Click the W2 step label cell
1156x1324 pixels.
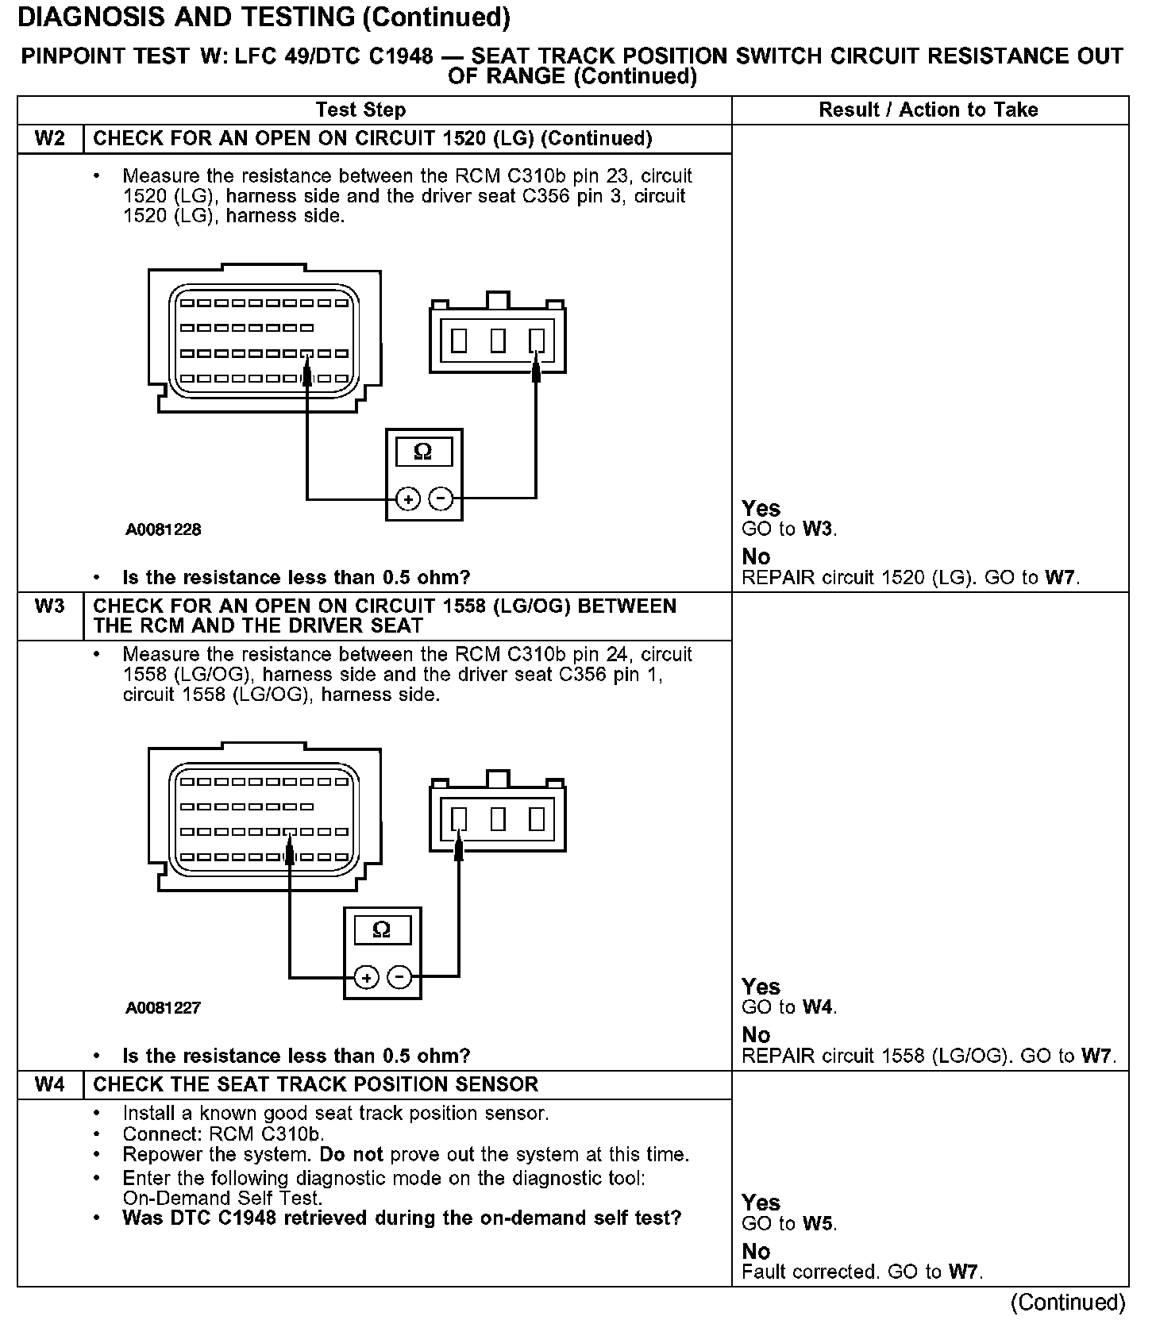click(x=50, y=139)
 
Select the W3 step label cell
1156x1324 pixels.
click(x=50, y=607)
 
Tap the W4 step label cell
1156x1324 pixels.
click(x=50, y=1085)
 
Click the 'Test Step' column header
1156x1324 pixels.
click(x=360, y=110)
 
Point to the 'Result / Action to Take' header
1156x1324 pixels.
click(x=928, y=110)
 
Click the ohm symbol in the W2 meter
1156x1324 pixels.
click(x=423, y=452)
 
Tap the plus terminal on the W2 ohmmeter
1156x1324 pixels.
click(x=408, y=499)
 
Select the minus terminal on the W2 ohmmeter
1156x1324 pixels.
click(x=441, y=499)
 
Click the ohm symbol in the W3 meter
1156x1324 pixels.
click(x=382, y=930)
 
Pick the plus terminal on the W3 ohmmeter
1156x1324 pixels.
click(x=366, y=978)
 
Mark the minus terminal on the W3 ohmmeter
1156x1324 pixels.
click(x=399, y=978)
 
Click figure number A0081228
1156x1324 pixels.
click(x=163, y=529)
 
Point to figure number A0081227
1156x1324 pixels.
click(x=163, y=1008)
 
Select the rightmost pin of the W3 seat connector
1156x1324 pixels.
click(x=537, y=818)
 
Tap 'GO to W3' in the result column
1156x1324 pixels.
click(x=789, y=529)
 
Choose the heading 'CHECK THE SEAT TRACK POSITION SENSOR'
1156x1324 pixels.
click(x=315, y=1085)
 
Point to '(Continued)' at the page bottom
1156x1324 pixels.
click(x=1067, y=1303)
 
